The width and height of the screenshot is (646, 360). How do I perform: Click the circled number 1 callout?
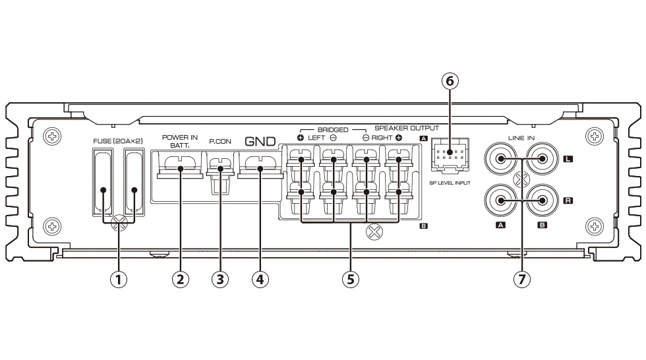(x=119, y=279)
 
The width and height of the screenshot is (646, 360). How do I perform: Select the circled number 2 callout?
(x=180, y=279)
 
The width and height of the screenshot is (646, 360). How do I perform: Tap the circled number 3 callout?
(x=220, y=279)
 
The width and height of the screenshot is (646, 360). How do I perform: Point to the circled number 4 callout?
(x=260, y=279)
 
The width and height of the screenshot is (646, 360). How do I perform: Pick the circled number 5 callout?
(x=350, y=279)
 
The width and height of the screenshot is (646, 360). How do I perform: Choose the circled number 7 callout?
(x=521, y=279)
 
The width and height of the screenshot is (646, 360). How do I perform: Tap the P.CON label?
(x=220, y=142)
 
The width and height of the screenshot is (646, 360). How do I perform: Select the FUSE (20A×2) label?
(x=119, y=141)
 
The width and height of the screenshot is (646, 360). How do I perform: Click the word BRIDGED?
(x=333, y=130)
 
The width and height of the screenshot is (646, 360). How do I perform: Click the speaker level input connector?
(x=450, y=158)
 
